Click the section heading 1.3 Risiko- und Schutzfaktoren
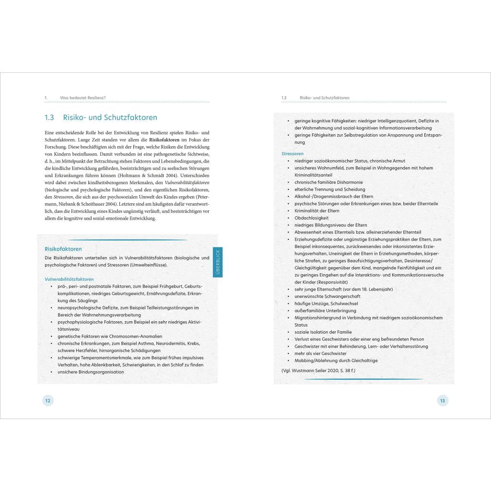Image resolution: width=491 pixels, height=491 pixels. [x=100, y=117]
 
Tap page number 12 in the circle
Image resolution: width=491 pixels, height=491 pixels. [x=47, y=401]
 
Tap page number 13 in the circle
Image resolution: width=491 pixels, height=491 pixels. [x=442, y=401]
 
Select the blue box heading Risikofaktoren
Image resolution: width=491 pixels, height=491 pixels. [x=63, y=249]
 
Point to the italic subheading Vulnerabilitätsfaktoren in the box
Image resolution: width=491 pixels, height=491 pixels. [x=69, y=279]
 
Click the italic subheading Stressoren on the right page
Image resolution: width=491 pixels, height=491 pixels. [x=292, y=153]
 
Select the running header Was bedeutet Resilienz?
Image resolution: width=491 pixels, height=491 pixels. [x=82, y=98]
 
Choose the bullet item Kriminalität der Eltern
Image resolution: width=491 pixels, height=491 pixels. [x=316, y=210]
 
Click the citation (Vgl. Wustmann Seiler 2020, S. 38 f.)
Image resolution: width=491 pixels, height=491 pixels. [x=318, y=370]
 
